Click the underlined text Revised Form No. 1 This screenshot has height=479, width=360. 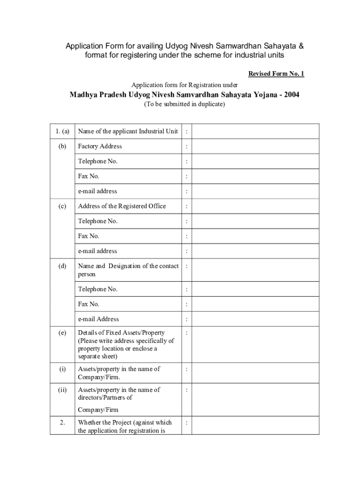click(276, 74)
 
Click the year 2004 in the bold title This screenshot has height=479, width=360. click(290, 95)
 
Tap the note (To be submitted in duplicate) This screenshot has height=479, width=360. click(184, 104)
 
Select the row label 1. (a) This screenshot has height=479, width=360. click(62, 131)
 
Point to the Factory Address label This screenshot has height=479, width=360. click(100, 146)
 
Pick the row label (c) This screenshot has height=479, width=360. click(62, 206)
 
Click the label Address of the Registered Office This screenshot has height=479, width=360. click(122, 206)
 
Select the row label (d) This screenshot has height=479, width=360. click(62, 266)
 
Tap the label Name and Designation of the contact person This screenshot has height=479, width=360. click(128, 270)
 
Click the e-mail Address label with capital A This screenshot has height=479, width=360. click(98, 319)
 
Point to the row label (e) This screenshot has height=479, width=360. click(62, 333)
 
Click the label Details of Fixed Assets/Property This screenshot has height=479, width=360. click(121, 333)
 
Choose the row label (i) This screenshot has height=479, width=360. click(62, 369)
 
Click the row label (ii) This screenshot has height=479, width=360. click(62, 390)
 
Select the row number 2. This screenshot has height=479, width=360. click(62, 422)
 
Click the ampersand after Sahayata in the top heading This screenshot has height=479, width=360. click(301, 46)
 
